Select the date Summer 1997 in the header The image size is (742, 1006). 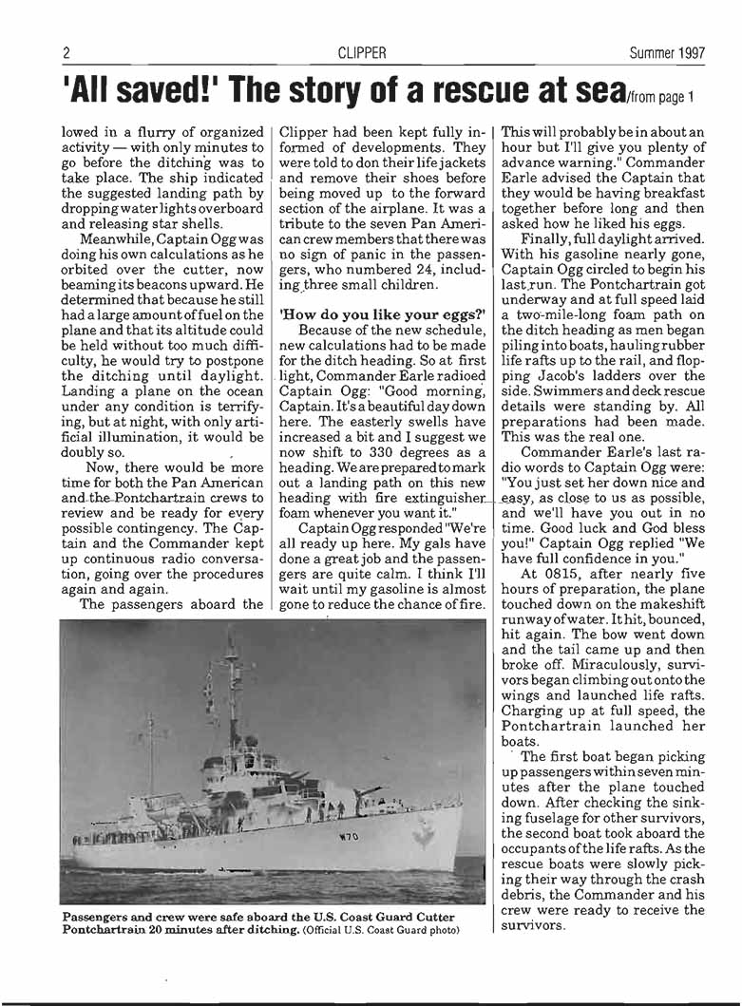point(667,53)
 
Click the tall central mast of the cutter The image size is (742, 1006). point(231,693)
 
